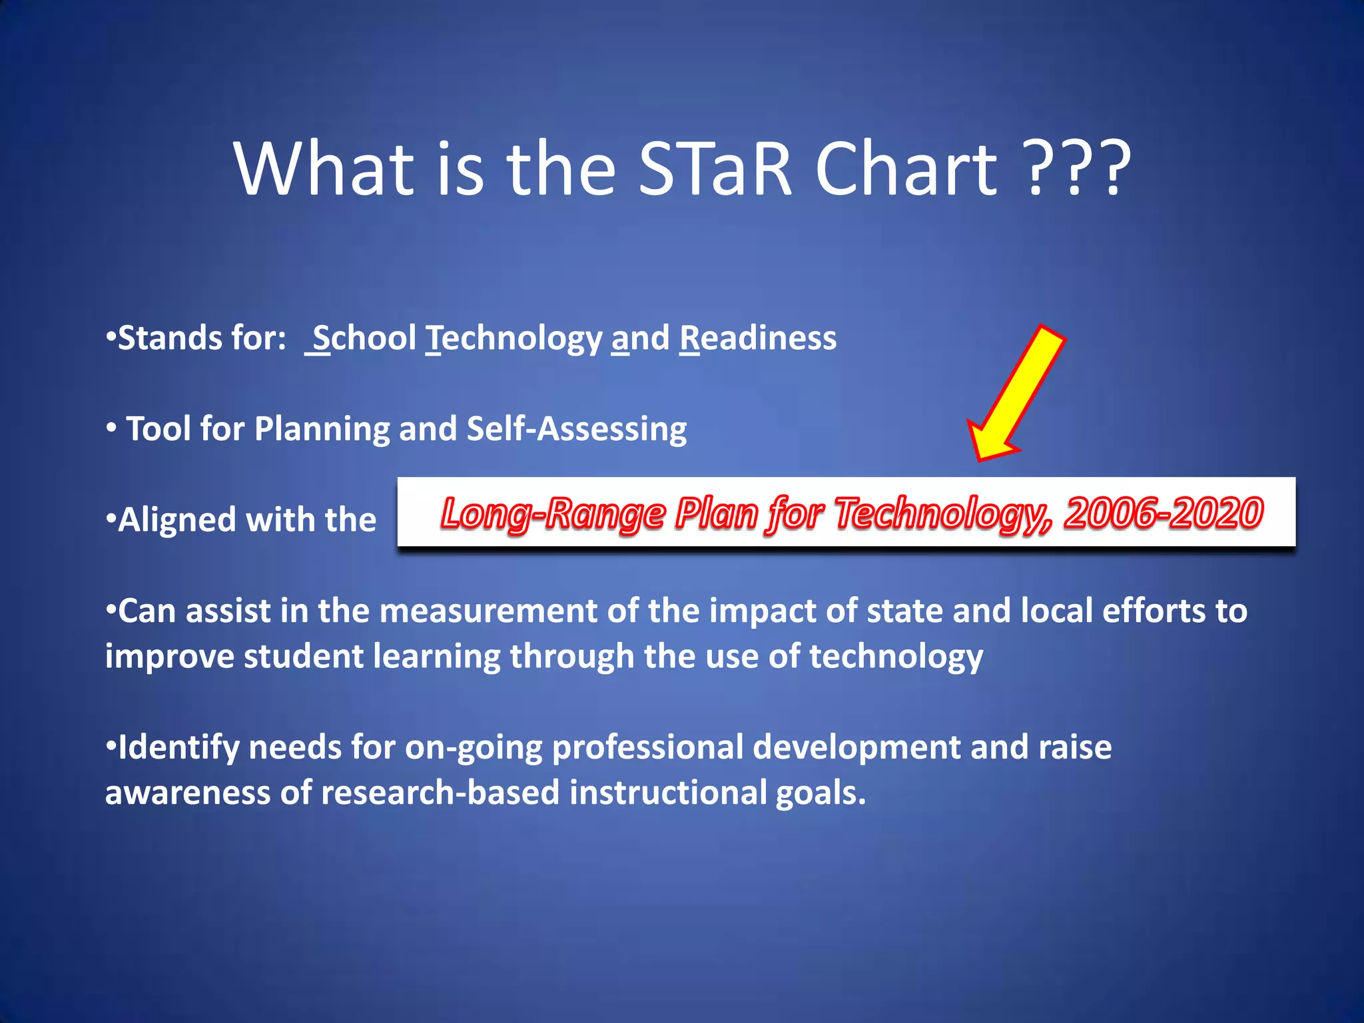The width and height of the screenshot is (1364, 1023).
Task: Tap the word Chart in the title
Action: point(906,169)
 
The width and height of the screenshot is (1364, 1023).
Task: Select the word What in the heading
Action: point(324,169)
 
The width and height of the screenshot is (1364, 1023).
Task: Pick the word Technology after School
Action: point(513,338)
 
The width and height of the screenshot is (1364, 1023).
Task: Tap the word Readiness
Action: point(758,338)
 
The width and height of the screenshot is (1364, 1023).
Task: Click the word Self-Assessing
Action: point(577,428)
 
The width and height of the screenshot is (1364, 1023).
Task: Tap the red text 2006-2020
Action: point(1163,513)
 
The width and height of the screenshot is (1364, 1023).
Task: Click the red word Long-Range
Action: point(553,513)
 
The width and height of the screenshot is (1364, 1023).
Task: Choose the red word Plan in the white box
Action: point(716,513)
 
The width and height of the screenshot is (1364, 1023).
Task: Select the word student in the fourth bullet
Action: point(303,656)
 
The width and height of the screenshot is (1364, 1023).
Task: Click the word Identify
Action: point(178,747)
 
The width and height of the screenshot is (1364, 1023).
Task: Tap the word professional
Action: point(647,747)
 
